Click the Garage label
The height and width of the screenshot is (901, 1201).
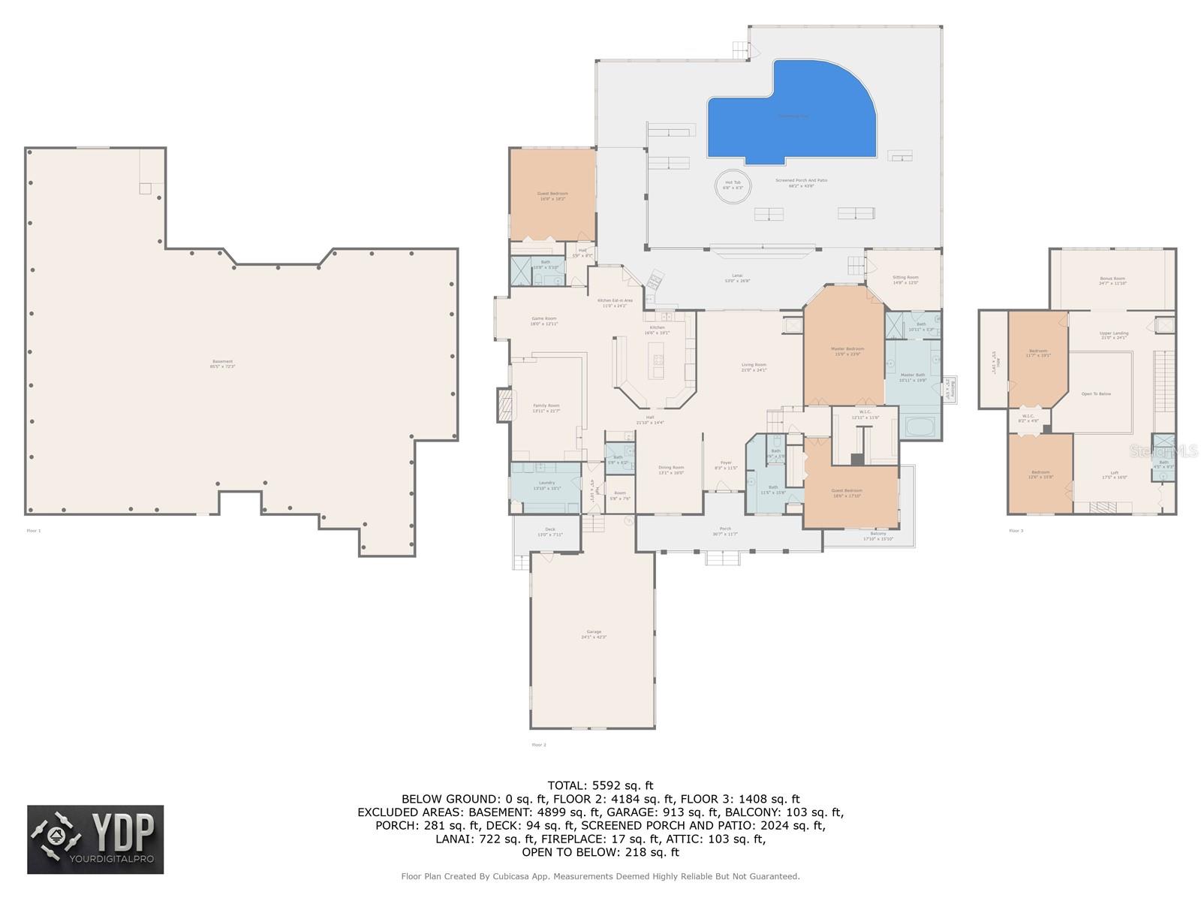click(593, 634)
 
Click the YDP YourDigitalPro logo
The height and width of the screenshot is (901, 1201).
click(95, 839)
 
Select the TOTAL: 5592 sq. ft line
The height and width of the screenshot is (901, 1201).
click(600, 785)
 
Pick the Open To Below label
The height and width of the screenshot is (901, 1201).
click(1096, 393)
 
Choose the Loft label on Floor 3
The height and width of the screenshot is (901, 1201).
click(1114, 474)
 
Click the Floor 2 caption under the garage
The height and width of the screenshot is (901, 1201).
click(539, 745)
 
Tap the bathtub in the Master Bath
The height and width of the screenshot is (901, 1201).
click(920, 428)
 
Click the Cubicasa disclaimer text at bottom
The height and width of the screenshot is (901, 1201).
click(600, 876)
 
